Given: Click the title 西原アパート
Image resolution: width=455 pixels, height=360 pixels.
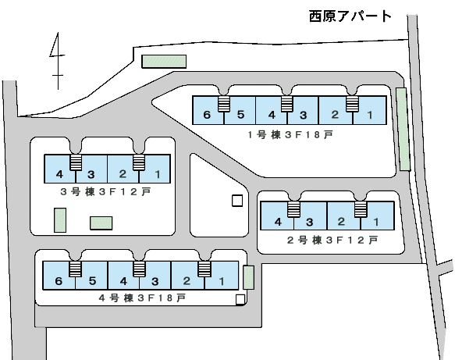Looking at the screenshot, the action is click(x=350, y=16).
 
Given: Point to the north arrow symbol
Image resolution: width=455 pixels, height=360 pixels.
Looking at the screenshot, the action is click(x=58, y=61).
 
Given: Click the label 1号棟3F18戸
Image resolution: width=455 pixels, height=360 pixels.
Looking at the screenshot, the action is click(x=290, y=134).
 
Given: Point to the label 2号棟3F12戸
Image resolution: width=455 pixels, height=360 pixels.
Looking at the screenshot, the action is click(x=332, y=240).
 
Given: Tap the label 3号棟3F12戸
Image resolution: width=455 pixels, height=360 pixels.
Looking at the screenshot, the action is click(x=105, y=191).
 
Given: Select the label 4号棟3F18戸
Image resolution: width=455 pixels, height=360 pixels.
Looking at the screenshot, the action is click(x=142, y=298).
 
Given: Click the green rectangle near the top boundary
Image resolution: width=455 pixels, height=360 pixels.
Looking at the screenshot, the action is click(x=164, y=61).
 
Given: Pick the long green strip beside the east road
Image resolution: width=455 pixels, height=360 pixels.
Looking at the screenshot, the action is click(x=403, y=129).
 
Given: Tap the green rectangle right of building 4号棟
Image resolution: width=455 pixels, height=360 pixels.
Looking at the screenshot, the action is click(x=248, y=277).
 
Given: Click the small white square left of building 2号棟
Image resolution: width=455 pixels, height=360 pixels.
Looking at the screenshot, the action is click(x=237, y=201).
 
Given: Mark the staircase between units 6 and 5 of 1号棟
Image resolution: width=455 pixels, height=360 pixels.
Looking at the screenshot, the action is click(x=224, y=104).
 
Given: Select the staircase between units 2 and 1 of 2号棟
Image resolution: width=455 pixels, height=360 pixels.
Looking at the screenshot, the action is click(x=361, y=209).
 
